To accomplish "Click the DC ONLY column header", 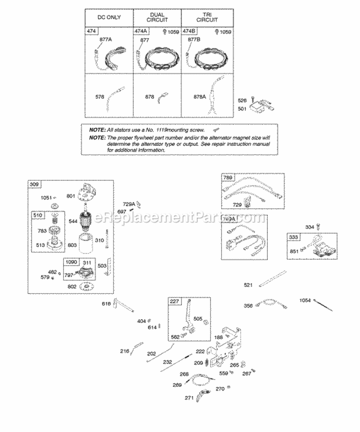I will click(109, 18).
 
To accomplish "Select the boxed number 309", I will click(34, 184).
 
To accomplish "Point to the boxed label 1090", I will click(71, 262).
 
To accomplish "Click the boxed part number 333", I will click(293, 237).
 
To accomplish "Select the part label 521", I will click(248, 286).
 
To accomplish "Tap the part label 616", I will click(106, 304).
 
